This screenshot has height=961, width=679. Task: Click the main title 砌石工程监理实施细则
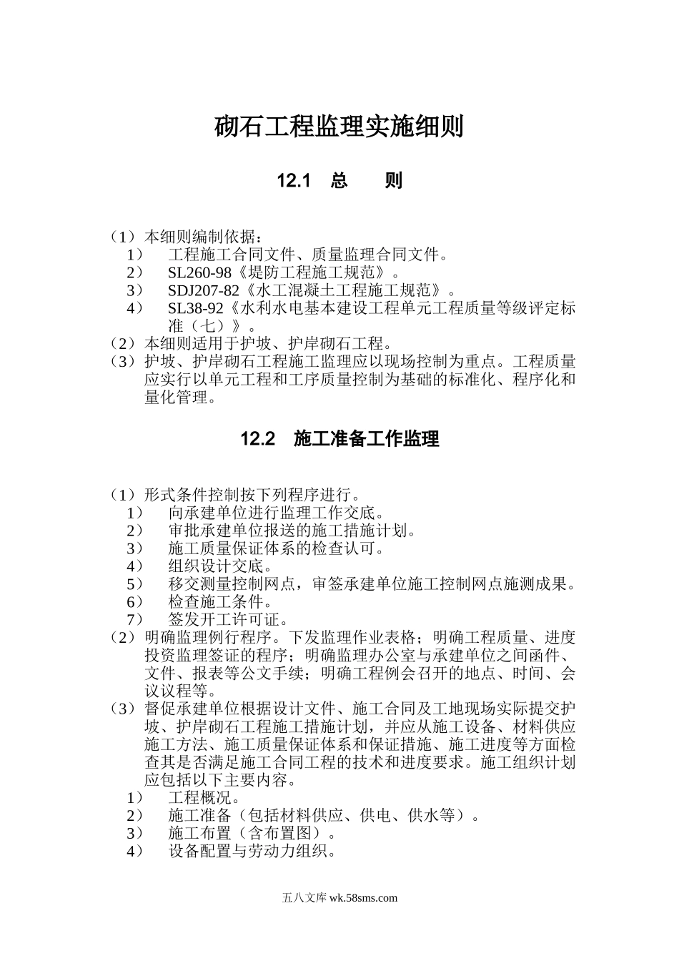click(339, 127)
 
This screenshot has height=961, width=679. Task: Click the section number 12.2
click(258, 439)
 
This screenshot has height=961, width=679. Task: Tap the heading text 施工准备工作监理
click(366, 439)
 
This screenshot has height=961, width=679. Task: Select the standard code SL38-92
click(196, 308)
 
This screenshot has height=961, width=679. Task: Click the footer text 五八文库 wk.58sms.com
click(339, 898)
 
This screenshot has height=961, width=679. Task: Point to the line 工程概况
click(204, 797)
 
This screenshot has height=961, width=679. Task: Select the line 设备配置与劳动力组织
click(252, 851)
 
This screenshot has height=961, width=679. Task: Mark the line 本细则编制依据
click(204, 237)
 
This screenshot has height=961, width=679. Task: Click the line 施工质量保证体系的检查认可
click(276, 548)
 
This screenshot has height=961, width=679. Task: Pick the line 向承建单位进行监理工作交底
click(276, 513)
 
